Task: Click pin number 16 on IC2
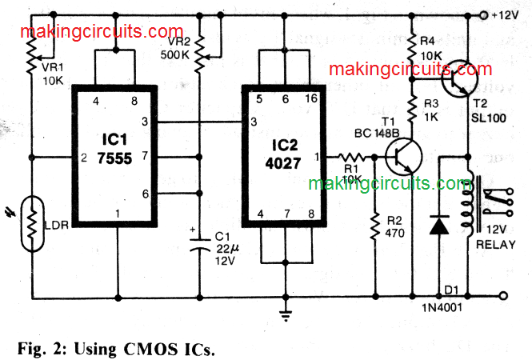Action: tap(312, 99)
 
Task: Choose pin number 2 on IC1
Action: tap(83, 157)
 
